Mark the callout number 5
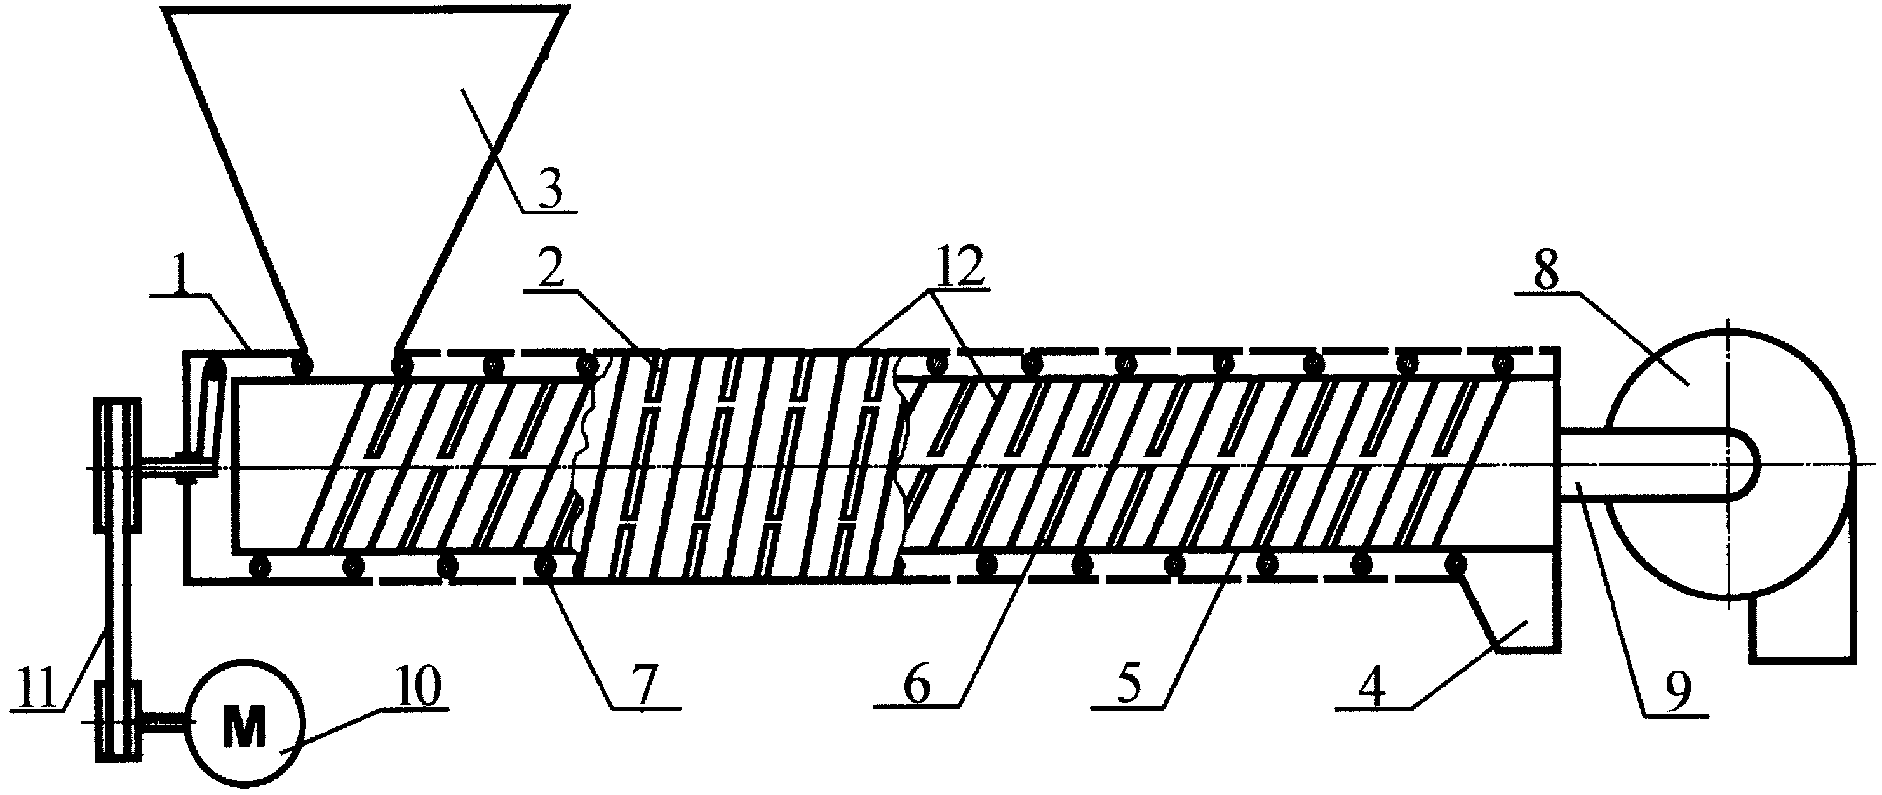(x=1129, y=685)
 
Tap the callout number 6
(x=917, y=685)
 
